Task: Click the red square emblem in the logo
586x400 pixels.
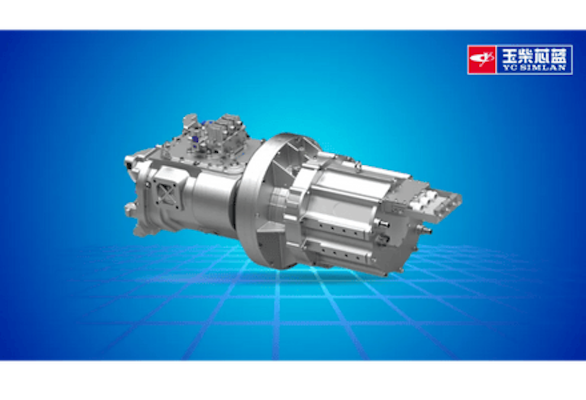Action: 482,59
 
